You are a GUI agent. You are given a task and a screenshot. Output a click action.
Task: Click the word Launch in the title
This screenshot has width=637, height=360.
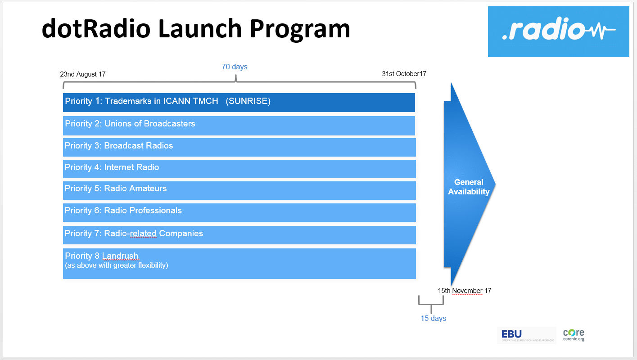[199, 29]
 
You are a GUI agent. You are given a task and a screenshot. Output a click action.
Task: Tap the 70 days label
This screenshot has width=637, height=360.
[235, 67]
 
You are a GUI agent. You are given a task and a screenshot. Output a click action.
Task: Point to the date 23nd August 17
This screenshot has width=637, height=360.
[83, 74]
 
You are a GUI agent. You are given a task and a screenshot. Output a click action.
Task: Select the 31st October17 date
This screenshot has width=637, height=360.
[404, 74]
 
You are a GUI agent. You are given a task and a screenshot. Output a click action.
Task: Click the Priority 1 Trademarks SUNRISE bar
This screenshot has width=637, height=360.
[239, 102]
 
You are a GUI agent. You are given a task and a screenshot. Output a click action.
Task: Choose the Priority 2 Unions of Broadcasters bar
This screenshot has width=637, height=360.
[239, 126]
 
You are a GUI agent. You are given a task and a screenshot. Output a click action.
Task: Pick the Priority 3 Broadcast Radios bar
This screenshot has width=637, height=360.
[239, 147]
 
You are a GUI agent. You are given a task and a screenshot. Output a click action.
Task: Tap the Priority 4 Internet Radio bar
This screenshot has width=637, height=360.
[239, 169]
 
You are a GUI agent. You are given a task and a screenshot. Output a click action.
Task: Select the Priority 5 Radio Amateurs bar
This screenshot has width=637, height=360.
[239, 190]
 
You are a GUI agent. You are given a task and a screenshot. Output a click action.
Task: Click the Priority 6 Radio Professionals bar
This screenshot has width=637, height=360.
[239, 212]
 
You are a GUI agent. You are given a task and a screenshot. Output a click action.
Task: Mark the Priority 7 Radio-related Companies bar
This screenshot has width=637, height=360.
[239, 235]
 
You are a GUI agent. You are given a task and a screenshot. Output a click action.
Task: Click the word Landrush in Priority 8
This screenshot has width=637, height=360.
[120, 256]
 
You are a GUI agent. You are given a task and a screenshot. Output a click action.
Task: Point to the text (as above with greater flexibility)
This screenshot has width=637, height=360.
[117, 265]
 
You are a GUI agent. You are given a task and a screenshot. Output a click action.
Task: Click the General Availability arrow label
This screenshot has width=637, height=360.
[469, 187]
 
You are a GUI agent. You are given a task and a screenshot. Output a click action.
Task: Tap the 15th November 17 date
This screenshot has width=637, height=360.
[465, 291]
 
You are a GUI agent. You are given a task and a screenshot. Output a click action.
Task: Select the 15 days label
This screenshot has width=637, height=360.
[434, 319]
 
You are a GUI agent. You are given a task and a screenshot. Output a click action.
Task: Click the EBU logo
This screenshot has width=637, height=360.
[527, 336]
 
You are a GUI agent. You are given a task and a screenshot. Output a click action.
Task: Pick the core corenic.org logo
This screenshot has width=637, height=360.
[574, 335]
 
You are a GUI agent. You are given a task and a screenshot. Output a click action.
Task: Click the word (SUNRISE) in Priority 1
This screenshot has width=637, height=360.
[248, 101]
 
